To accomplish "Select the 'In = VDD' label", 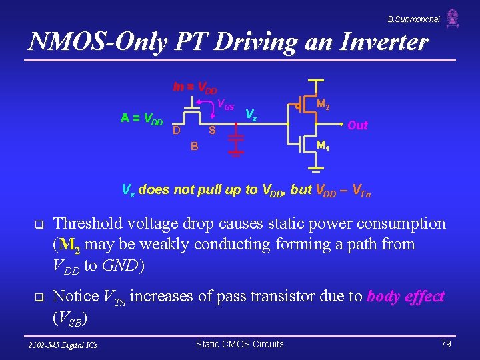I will point(195,87).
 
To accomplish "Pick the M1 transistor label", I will point(323,145).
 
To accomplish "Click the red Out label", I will point(357,125).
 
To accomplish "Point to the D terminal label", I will point(176,129).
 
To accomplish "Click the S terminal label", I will point(211,129).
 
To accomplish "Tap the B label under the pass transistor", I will point(194,146).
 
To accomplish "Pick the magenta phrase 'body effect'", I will point(405,297).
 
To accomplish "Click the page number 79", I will point(446,344).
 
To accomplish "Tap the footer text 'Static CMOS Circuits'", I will point(239,344).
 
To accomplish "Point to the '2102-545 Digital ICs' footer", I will point(62,345).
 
